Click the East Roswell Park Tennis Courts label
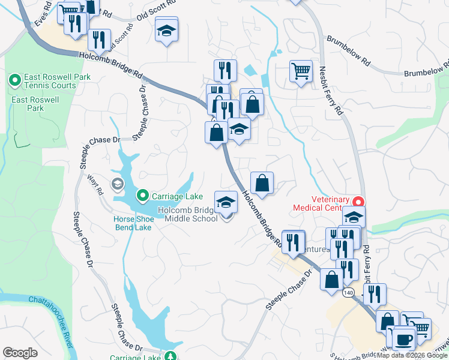[x=50, y=81]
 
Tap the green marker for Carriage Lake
[x=143, y=195]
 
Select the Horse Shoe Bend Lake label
[x=133, y=223]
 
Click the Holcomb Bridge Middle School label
[x=188, y=214]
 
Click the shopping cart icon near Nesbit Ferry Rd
[x=300, y=71]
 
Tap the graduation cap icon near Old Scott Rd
[x=166, y=29]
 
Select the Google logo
[x=20, y=353]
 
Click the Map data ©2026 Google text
[x=412, y=355]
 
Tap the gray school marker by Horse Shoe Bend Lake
[x=118, y=183]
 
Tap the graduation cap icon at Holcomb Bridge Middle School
[x=226, y=202]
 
